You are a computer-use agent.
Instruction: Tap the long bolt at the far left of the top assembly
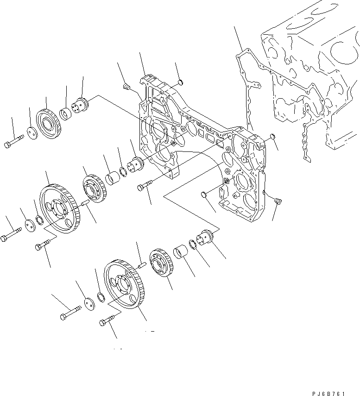(14, 141)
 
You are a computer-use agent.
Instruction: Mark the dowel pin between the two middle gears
(84, 202)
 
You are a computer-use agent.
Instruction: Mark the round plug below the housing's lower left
(204, 194)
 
